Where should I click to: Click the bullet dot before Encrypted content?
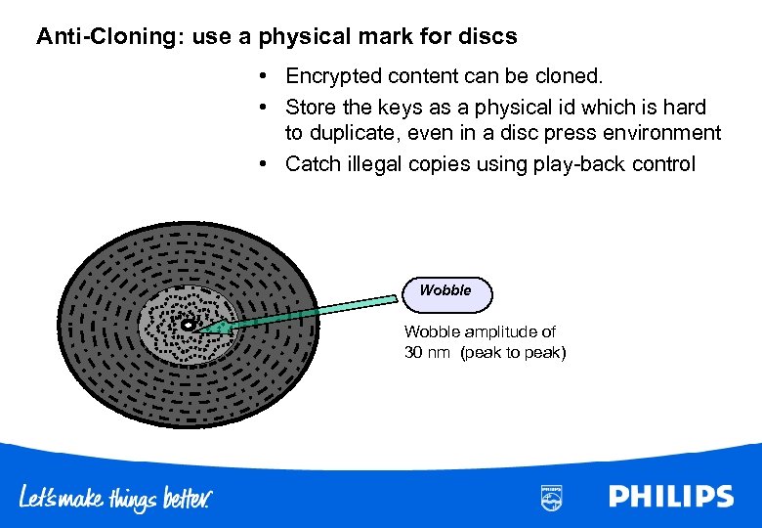point(264,75)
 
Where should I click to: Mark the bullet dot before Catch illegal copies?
point(264,164)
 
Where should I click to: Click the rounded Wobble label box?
point(446,292)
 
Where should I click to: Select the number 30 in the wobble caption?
point(414,352)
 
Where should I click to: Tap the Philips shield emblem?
point(552,497)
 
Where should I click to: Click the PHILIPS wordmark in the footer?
point(670,496)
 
